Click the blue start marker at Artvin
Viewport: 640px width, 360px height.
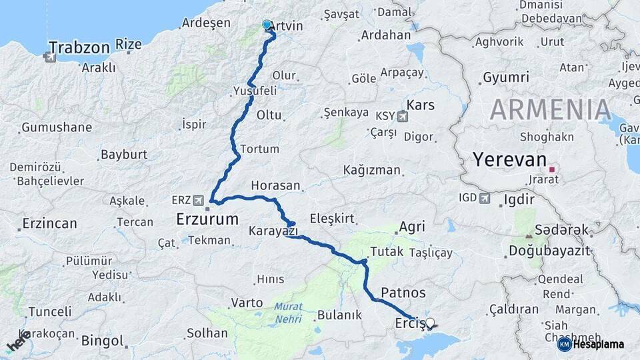267,25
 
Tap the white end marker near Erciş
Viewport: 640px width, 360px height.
430,323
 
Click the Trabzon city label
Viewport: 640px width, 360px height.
79,47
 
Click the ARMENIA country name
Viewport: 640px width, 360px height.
551,109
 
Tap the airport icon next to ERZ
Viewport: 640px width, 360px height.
199,200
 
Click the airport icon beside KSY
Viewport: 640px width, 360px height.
402,117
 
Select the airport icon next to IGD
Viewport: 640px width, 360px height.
485,198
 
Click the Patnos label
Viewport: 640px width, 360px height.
403,292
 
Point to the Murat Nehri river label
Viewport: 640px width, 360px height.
287,313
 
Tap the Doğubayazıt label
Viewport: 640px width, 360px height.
549,251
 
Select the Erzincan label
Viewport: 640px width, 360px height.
49,223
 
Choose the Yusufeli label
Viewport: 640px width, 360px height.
255,90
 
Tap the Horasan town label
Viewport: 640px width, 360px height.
276,185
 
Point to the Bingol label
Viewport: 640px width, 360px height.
102,341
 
